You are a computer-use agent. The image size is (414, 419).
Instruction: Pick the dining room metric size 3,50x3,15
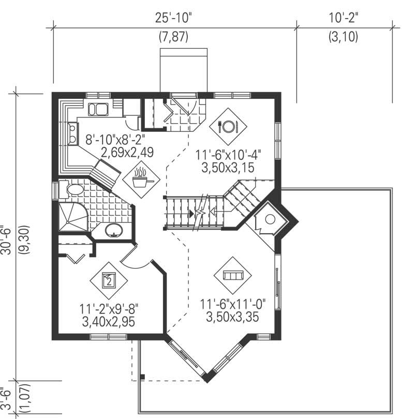click(x=228, y=168)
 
